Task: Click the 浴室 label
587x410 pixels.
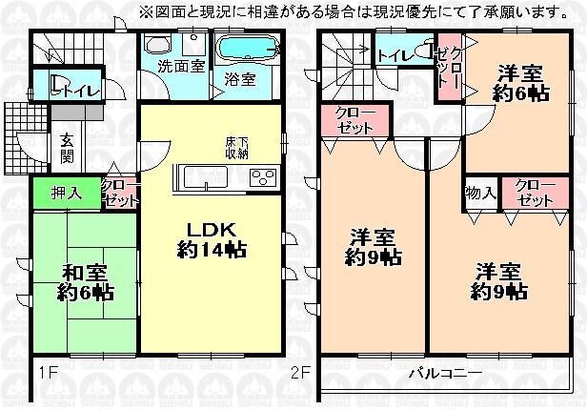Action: (240, 79)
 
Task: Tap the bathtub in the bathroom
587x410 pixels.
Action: (246, 48)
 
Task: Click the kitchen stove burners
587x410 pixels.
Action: (263, 176)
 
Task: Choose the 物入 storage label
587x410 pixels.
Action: (479, 194)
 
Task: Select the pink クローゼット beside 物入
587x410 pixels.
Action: (536, 194)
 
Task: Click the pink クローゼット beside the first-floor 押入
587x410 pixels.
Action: (120, 194)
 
